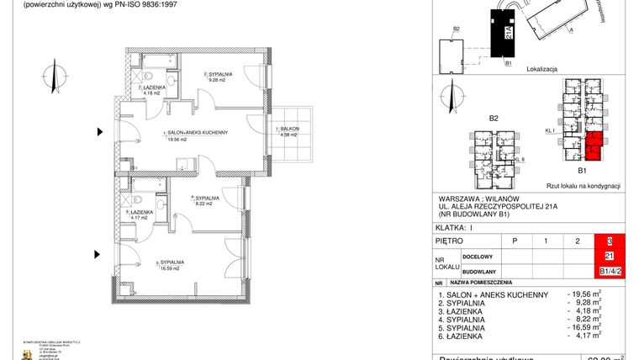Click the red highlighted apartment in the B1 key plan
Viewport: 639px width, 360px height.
tap(594, 146)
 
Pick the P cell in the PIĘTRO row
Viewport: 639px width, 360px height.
tap(515, 241)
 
